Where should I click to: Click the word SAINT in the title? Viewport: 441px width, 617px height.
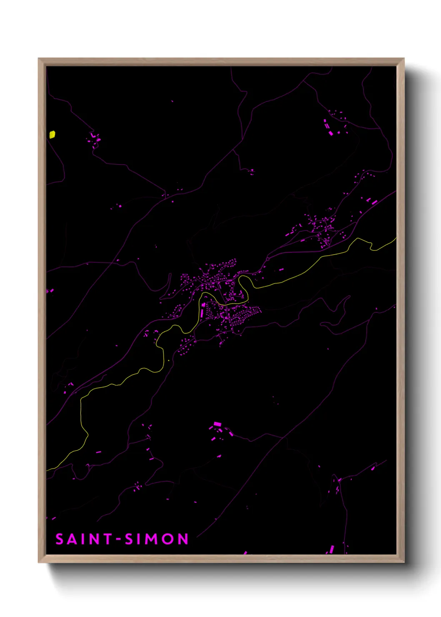[x=84, y=539]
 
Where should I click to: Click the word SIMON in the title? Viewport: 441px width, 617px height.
[x=157, y=539]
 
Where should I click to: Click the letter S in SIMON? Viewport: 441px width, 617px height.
[x=129, y=539]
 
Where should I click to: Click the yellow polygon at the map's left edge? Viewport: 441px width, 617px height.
[x=52, y=134]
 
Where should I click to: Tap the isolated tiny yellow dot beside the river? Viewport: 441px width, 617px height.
[x=168, y=360]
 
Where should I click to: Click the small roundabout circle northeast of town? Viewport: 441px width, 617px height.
[x=267, y=258]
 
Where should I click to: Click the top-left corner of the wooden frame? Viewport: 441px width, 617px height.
[x=39, y=59]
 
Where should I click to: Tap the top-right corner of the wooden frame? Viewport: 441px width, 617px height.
[x=403, y=59]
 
